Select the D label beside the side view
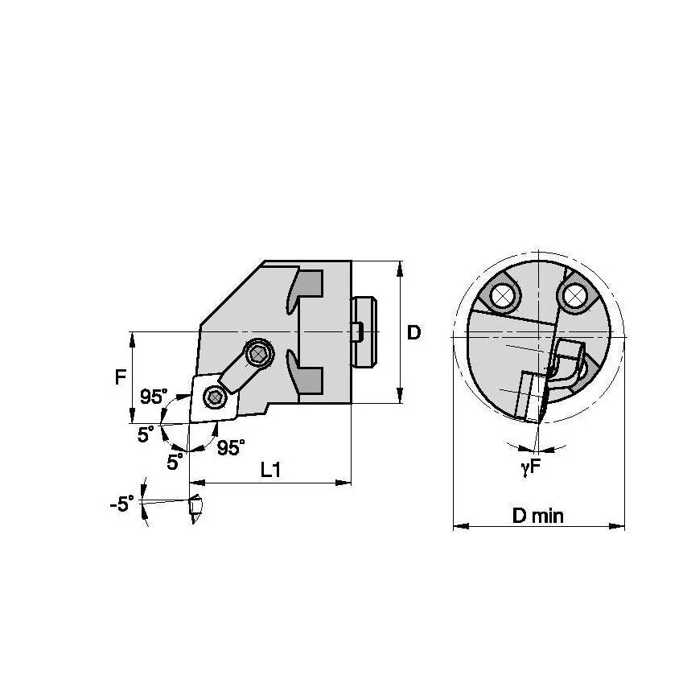(413, 332)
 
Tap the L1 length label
(270, 471)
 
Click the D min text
(538, 516)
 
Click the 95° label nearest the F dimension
(153, 397)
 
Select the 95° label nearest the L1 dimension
(231, 448)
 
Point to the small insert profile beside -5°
(194, 510)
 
